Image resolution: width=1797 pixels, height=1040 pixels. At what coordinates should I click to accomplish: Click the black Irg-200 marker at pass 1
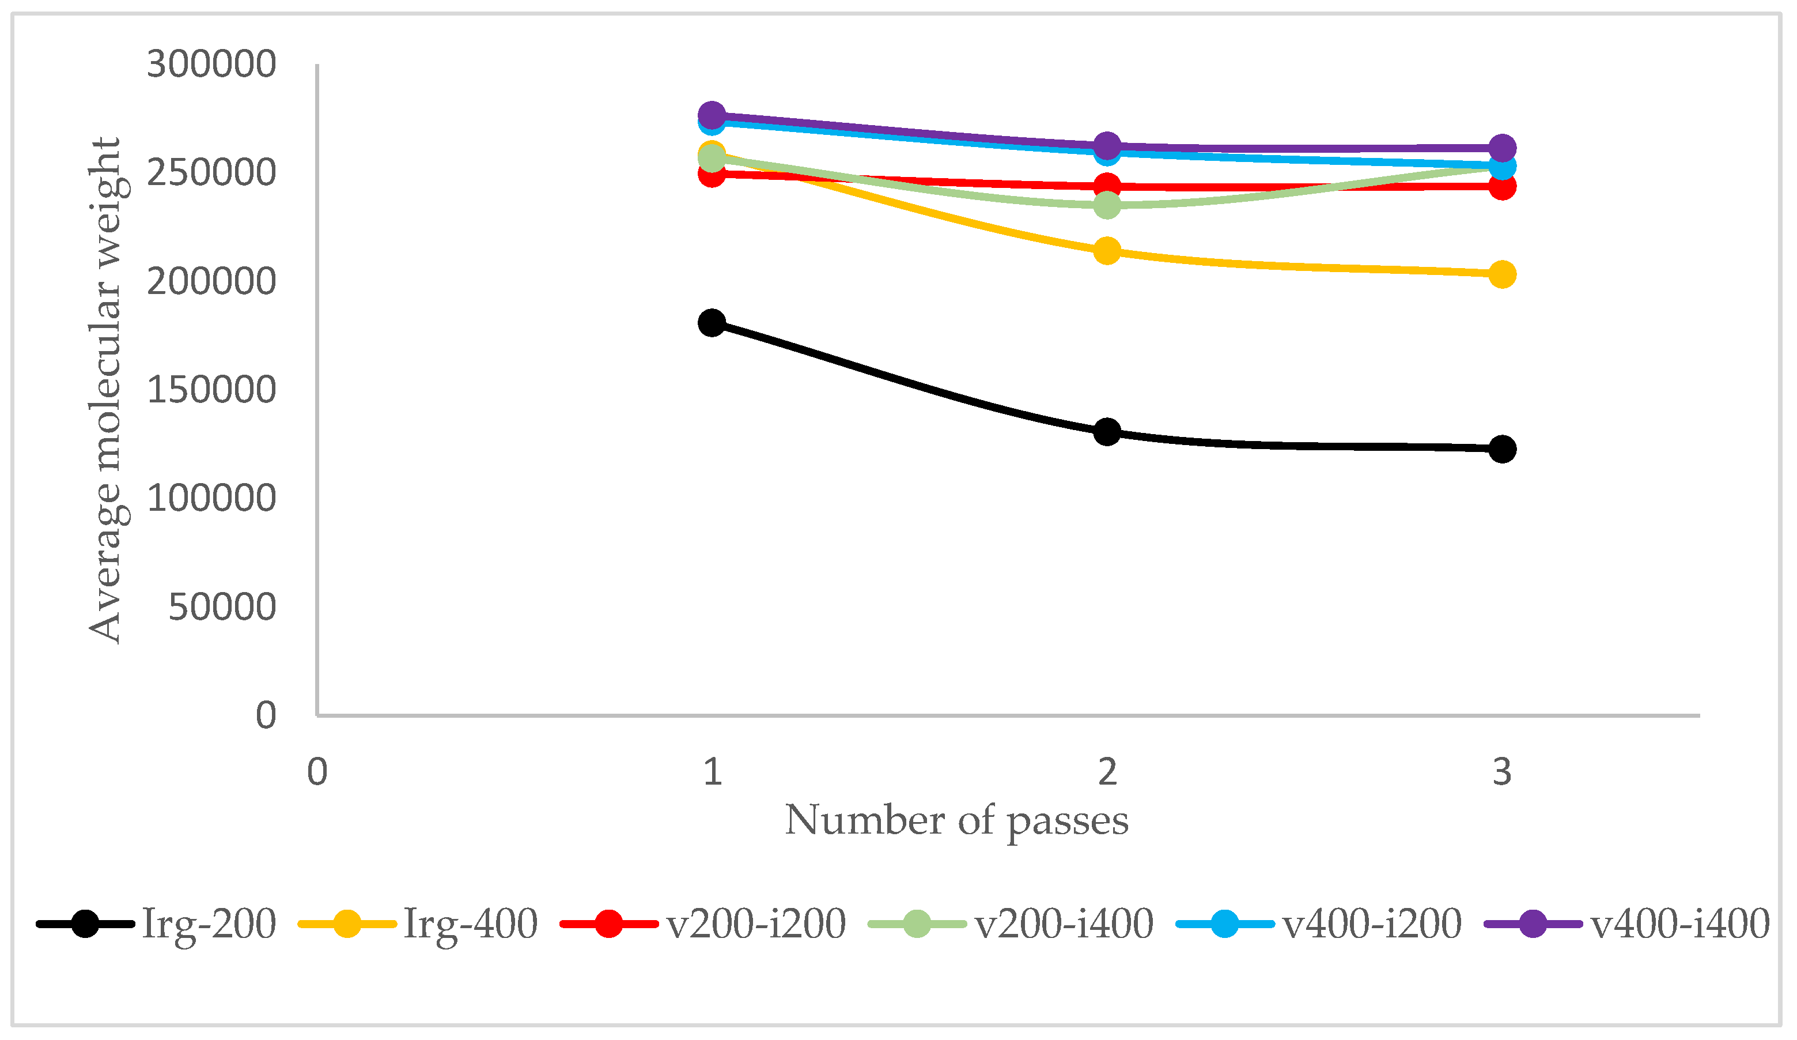point(712,322)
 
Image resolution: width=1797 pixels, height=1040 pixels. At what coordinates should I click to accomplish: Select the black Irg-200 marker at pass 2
point(1107,432)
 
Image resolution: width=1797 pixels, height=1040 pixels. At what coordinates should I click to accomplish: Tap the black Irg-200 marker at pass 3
point(1502,449)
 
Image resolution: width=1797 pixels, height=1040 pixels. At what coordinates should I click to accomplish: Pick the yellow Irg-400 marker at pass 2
point(1107,250)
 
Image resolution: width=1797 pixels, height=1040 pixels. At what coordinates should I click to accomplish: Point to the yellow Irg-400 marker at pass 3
point(1502,274)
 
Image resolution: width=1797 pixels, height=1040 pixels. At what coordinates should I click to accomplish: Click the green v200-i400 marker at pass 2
point(1107,205)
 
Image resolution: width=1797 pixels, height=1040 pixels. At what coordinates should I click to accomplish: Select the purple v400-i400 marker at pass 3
point(1502,148)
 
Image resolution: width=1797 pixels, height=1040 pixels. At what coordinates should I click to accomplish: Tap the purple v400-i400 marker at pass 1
point(712,114)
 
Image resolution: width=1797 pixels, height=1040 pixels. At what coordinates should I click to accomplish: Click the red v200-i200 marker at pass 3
point(1502,187)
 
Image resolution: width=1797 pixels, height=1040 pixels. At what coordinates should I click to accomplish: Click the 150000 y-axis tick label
point(211,390)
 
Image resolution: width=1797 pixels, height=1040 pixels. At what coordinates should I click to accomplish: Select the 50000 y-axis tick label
point(222,607)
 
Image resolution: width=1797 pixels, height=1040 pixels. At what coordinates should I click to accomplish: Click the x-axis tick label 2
point(1107,772)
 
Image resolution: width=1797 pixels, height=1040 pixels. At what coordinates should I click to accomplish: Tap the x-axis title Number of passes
point(956,820)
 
